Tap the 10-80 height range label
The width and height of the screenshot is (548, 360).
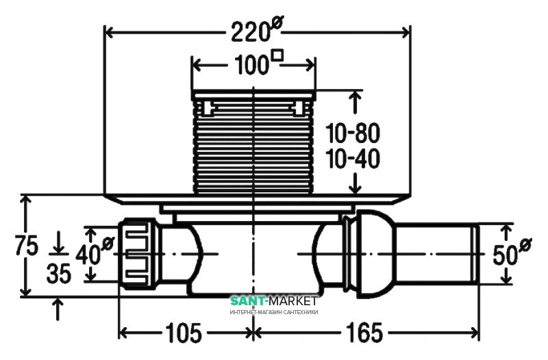click(x=353, y=133)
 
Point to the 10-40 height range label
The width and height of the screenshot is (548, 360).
click(x=353, y=158)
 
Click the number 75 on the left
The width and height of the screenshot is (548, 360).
click(x=26, y=245)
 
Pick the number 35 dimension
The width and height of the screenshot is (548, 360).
click(x=59, y=273)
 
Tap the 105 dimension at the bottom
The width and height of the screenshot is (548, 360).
click(x=184, y=333)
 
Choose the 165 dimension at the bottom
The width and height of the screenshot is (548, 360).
click(x=364, y=333)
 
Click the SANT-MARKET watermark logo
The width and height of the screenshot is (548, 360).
click(x=273, y=300)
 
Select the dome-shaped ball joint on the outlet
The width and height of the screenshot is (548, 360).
click(x=375, y=254)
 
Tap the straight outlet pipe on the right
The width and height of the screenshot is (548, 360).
click(x=437, y=254)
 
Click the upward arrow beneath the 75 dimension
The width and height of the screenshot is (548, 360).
click(x=58, y=309)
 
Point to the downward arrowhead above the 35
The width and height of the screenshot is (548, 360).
click(x=58, y=247)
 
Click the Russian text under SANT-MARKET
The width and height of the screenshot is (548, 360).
click(x=274, y=312)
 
